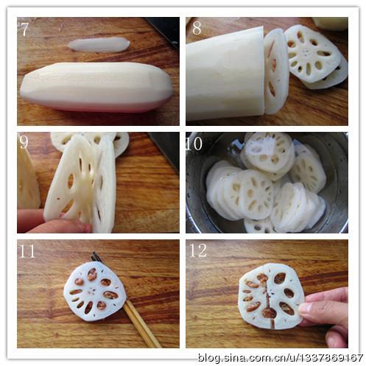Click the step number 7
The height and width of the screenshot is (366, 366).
[x=25, y=29]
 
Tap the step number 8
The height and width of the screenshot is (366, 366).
[x=197, y=28]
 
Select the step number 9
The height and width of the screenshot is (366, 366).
[x=24, y=142]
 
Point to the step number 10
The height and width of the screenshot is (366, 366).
[x=194, y=144]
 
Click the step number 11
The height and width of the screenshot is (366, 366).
[x=27, y=251]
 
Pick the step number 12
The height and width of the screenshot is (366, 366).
[x=198, y=250]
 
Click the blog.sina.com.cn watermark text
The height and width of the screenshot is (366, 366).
[x=281, y=357]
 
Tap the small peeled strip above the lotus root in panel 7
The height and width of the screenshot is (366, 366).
[x=99, y=45]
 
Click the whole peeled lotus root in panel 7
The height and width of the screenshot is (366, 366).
[x=96, y=87]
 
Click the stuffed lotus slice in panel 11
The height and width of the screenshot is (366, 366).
[x=95, y=291]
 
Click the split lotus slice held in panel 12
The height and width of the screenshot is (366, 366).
[x=271, y=296]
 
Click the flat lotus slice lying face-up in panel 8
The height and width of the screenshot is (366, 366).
[x=313, y=54]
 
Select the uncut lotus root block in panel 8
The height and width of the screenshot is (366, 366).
[x=225, y=74]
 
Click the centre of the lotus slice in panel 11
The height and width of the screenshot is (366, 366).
[x=93, y=291]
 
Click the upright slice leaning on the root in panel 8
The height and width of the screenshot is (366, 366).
[x=276, y=71]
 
